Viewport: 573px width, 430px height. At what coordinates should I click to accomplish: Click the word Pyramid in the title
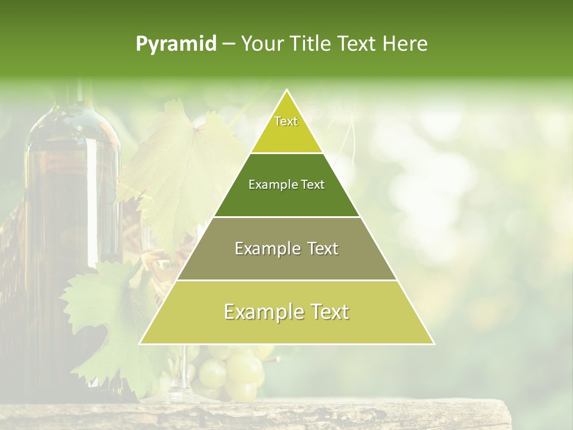coord(176,44)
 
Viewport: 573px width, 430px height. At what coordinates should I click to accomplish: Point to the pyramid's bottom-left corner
coord(140,343)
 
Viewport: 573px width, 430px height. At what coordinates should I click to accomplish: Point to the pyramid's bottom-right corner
coord(434,343)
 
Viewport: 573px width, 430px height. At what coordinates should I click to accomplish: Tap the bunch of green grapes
coord(233,370)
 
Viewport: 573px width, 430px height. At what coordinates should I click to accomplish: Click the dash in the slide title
coord(229,44)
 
